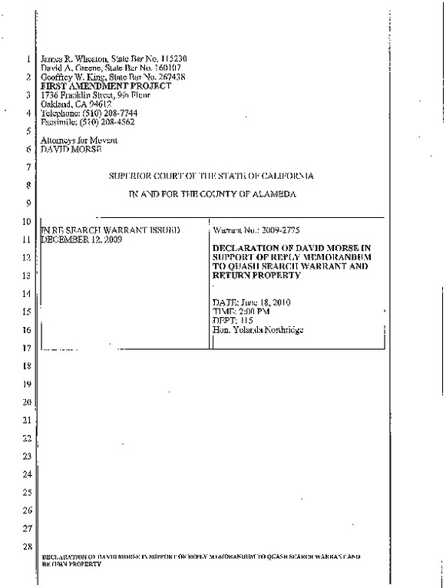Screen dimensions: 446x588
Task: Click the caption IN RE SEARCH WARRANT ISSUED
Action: [x=109, y=230]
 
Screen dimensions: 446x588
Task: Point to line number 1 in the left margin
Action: [x=27, y=60]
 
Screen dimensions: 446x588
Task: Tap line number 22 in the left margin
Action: [x=27, y=438]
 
